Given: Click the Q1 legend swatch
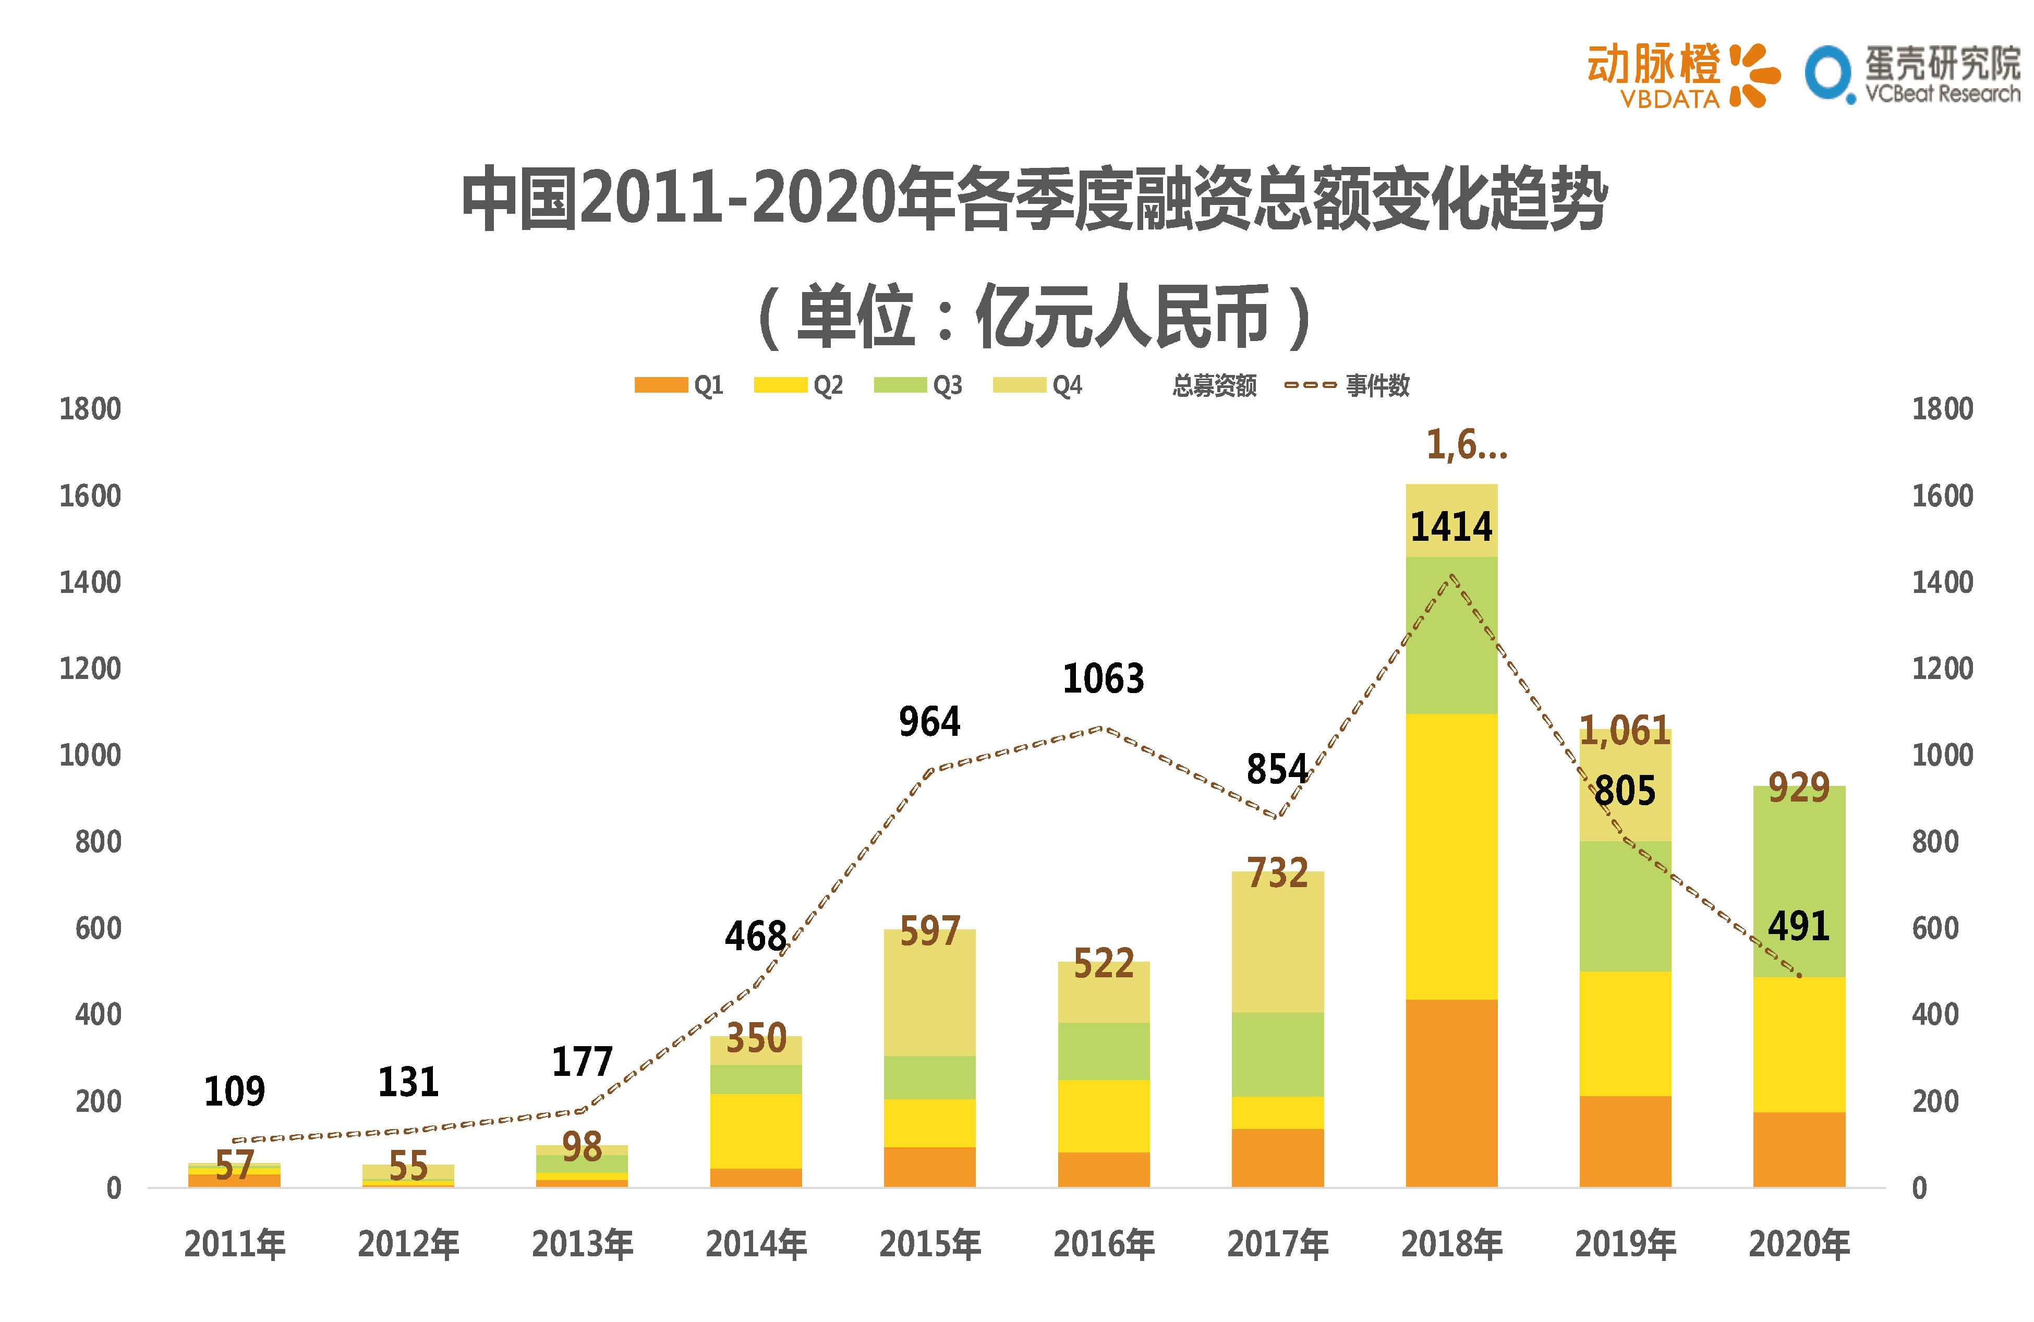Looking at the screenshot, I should pyautogui.click(x=661, y=385).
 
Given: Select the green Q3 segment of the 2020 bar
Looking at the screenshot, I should pyautogui.click(x=1798, y=880).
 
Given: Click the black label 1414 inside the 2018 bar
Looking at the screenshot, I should pyautogui.click(x=1450, y=526).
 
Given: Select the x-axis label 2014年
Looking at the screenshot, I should pyautogui.click(x=756, y=1244).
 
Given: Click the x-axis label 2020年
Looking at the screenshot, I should pyautogui.click(x=1798, y=1244).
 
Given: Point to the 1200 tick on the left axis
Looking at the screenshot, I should pyautogui.click(x=90, y=668).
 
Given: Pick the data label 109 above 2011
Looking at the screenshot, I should pyautogui.click(x=234, y=1091).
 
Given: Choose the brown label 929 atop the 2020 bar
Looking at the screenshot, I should pyautogui.click(x=1798, y=787).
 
